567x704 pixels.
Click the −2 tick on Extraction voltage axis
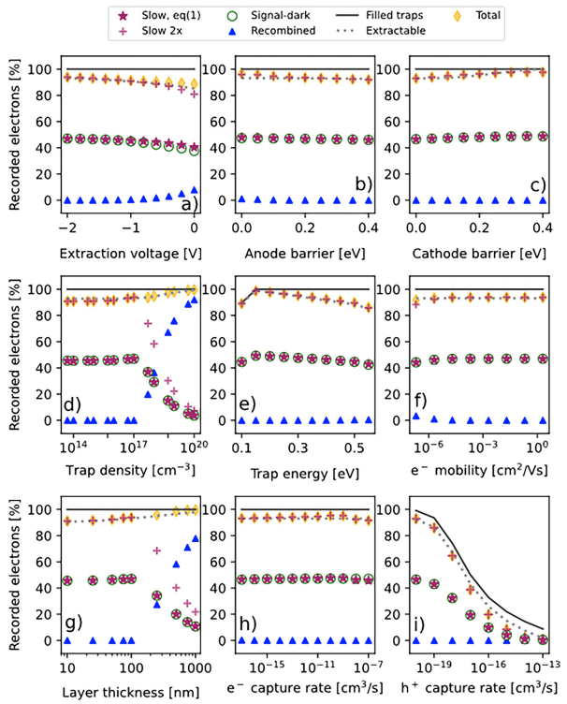(x=65, y=228)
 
